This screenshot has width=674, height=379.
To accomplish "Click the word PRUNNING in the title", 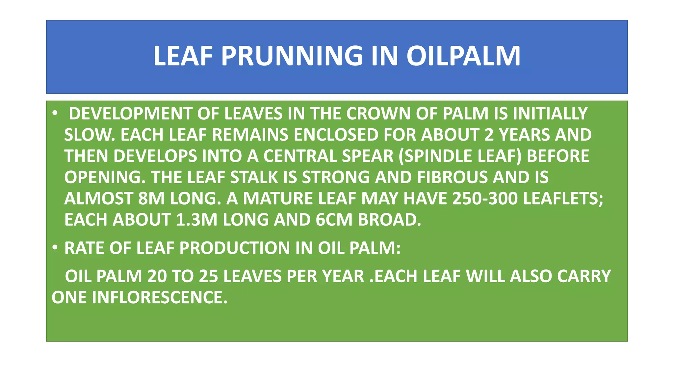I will click(292, 56).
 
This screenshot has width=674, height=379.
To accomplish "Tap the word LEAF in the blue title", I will click(183, 56).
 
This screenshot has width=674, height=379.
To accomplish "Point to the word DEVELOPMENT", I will click(130, 114).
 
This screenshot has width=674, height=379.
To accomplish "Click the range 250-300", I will click(485, 199).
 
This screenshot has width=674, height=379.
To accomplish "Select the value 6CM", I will click(334, 220).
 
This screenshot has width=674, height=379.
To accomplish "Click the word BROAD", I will click(389, 220).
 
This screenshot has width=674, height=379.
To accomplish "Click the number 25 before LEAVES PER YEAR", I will click(208, 276).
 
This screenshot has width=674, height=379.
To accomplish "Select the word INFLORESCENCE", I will click(160, 297).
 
